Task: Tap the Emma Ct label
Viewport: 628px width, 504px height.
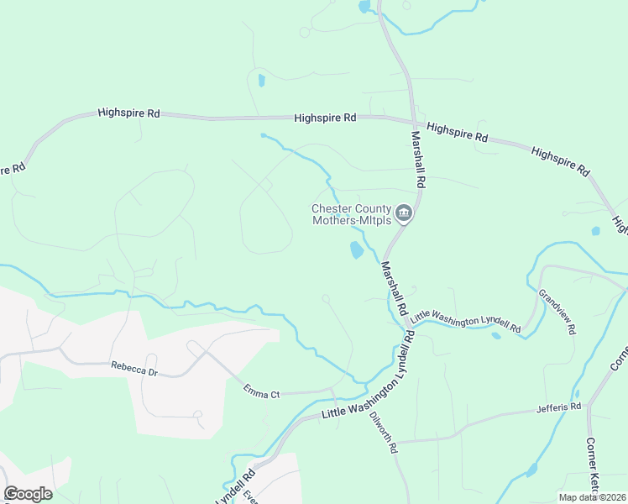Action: tap(261, 391)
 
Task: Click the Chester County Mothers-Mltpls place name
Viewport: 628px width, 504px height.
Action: tap(352, 215)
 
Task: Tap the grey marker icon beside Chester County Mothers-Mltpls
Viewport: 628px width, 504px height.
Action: tap(404, 214)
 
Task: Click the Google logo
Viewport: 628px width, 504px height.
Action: tap(28, 494)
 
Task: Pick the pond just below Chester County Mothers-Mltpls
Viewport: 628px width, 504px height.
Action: tap(356, 249)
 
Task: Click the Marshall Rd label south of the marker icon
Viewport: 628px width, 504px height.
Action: tap(393, 286)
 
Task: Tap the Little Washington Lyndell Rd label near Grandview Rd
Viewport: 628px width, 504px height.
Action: tap(466, 321)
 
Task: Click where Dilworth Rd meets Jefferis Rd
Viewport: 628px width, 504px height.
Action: tap(395, 441)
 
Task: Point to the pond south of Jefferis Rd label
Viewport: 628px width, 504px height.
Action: tap(531, 469)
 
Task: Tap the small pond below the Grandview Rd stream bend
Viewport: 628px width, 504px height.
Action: tap(496, 336)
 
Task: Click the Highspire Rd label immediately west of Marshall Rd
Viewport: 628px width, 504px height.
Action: tap(326, 118)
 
